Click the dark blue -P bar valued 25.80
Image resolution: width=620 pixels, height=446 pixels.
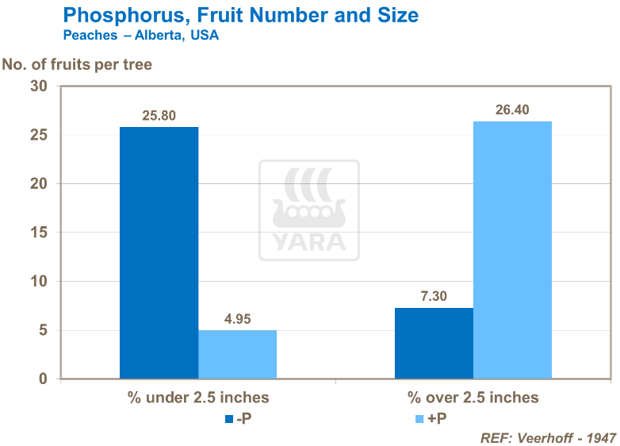[x=159, y=252]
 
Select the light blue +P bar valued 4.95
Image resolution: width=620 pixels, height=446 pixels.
[x=237, y=354]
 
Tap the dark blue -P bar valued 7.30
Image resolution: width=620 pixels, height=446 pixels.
[x=434, y=343]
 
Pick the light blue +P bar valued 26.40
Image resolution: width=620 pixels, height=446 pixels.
[x=512, y=250]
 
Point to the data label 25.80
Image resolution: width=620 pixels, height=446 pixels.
[x=159, y=115]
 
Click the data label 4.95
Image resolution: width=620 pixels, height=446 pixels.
[x=237, y=318]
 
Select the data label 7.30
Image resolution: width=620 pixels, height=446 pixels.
[x=434, y=296]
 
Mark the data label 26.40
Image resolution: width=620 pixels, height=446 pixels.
[x=512, y=110]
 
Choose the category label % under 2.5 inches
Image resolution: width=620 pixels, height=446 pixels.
[x=198, y=398]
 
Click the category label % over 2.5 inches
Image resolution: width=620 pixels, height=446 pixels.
[x=473, y=398]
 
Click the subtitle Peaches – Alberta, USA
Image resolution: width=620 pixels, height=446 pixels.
[x=140, y=36]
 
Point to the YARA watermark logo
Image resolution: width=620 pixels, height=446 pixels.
[x=309, y=210]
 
